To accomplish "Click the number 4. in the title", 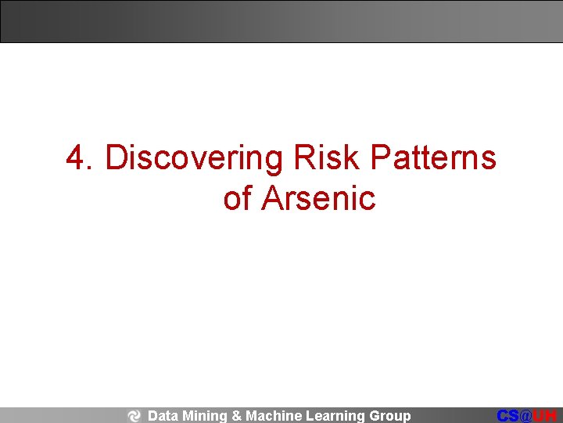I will [81, 158].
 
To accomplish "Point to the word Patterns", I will [433, 158].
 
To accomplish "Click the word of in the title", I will [238, 198].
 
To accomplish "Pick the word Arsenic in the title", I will [319, 198].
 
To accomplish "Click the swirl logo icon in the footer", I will [134, 416].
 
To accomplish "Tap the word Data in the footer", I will [163, 416].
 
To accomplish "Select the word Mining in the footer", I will [205, 416].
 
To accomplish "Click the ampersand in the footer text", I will [237, 416].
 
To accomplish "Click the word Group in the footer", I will [389, 416].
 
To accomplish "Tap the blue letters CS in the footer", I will [507, 416].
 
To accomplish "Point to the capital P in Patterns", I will [379, 158].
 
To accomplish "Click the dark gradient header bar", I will [281, 21].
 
